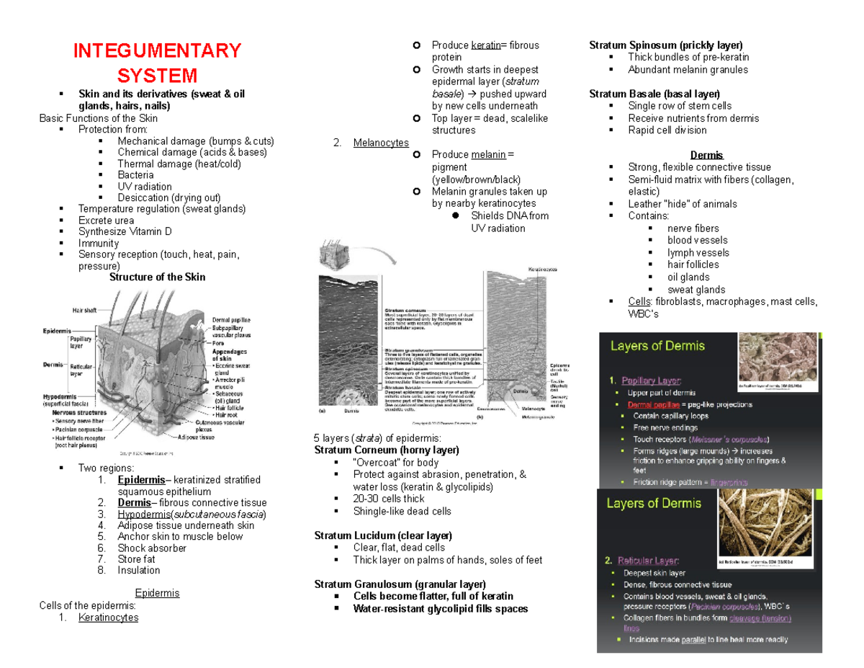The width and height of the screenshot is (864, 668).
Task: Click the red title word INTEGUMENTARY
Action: (157, 51)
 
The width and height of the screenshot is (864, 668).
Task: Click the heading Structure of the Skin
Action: (157, 277)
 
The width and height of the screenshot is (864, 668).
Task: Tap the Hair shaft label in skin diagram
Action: (86, 310)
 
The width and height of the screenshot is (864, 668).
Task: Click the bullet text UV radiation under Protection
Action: (145, 186)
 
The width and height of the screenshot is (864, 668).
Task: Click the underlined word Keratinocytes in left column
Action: (109, 618)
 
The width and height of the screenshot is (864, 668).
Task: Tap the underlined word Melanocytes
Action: (381, 143)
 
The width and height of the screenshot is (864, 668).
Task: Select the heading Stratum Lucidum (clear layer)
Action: (383, 535)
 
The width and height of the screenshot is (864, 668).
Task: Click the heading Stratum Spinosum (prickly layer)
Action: (665, 45)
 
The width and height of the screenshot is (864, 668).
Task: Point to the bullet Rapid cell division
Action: (667, 130)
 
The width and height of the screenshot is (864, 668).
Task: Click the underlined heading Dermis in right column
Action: (706, 155)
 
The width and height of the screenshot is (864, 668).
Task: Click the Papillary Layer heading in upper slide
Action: (654, 380)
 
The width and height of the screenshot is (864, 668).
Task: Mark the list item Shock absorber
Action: (152, 548)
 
